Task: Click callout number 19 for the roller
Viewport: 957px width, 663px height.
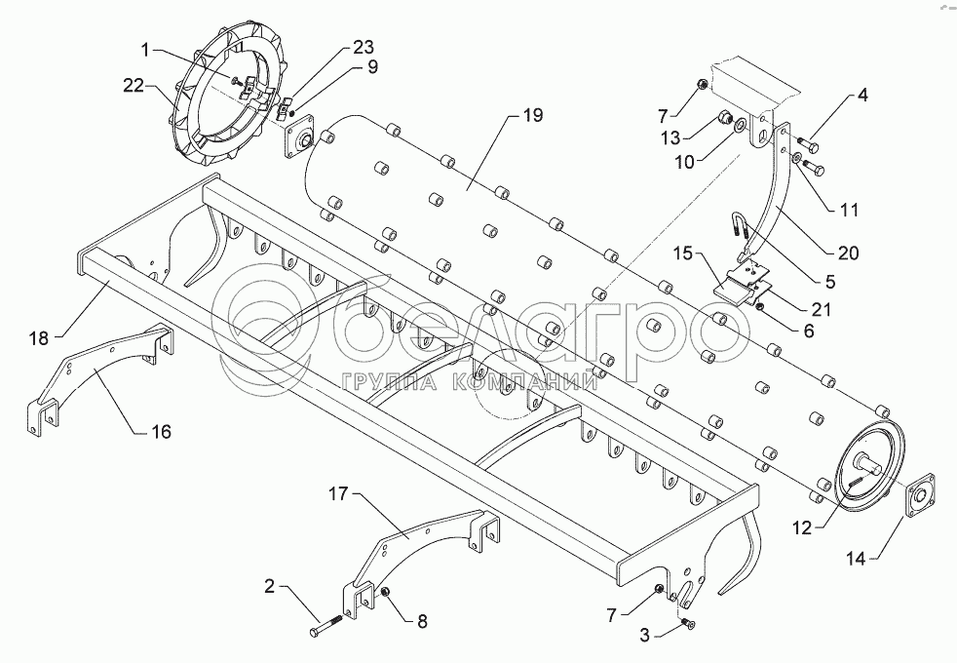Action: pos(532,115)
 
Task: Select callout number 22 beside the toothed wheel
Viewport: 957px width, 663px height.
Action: pos(134,86)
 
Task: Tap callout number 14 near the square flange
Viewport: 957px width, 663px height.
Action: pos(856,559)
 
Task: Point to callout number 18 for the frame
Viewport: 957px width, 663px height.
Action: pos(39,337)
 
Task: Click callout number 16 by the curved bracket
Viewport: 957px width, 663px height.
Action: pos(161,432)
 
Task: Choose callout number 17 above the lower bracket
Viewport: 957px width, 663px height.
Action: pos(339,493)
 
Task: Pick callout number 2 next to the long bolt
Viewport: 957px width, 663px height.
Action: pos(269,587)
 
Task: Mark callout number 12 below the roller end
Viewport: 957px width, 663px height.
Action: pos(803,528)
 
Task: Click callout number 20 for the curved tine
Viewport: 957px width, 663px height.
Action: pos(848,253)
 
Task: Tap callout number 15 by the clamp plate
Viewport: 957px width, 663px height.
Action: pos(683,253)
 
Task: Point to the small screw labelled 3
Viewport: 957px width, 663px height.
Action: pos(690,623)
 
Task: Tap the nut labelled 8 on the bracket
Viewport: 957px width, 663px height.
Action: pos(386,592)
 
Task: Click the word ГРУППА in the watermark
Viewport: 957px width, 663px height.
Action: pos(392,382)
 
